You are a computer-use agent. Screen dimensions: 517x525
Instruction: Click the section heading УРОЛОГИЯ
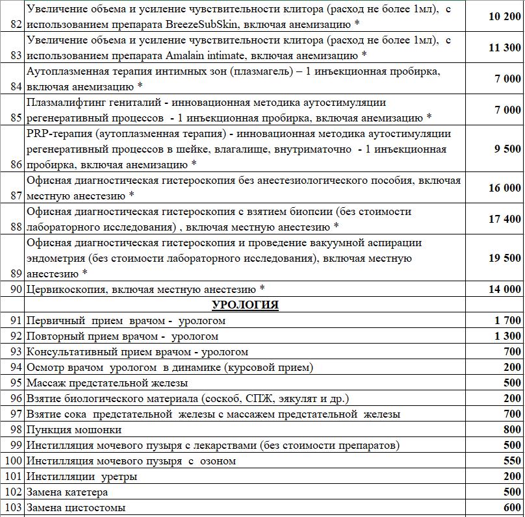pos(245,305)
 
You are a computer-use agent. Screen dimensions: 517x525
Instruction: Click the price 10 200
pos(504,16)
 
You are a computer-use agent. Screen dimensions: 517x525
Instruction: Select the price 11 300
pos(504,47)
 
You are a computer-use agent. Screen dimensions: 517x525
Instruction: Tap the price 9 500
pos(507,149)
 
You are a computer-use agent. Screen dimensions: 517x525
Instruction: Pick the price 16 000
pos(504,188)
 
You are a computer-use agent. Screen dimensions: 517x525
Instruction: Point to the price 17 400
pos(504,219)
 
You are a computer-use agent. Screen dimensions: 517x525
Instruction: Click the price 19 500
pos(504,258)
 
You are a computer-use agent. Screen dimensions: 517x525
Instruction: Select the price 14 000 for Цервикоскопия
pos(504,289)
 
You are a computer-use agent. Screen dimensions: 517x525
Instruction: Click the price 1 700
pos(507,320)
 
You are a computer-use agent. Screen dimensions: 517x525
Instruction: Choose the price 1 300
pos(507,336)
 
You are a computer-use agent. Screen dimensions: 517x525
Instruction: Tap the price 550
pos(512,460)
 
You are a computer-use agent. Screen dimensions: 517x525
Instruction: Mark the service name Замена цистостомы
pos(76,508)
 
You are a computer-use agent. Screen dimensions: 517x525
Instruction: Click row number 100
pos(13,461)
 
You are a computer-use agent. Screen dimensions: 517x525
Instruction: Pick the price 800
pos(512,429)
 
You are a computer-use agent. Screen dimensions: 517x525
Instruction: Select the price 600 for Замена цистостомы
pos(512,507)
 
